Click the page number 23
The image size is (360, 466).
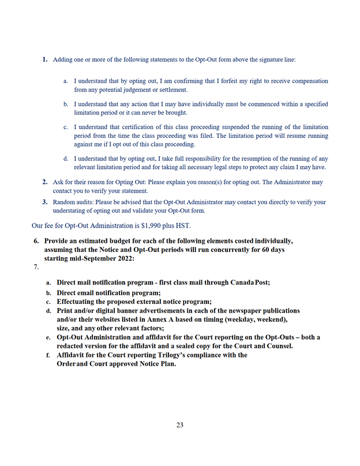tap(180, 425)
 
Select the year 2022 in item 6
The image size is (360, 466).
tap(124, 258)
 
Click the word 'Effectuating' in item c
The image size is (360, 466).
tap(78, 302)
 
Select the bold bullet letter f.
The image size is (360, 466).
tap(48, 355)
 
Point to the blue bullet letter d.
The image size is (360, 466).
tap(66, 159)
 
